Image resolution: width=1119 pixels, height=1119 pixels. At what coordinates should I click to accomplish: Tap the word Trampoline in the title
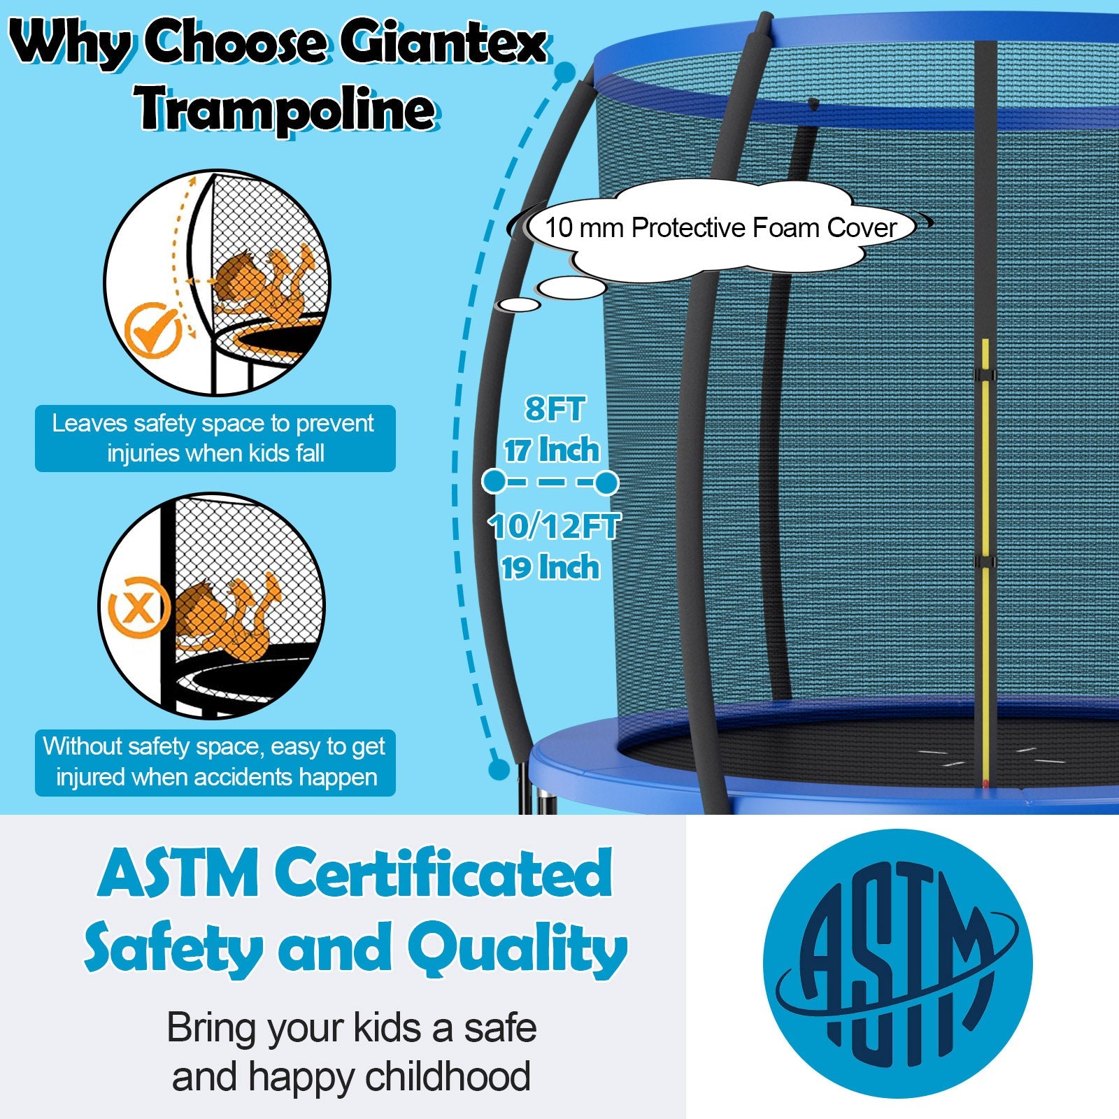point(287,109)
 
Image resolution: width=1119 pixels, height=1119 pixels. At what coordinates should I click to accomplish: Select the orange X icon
point(138,607)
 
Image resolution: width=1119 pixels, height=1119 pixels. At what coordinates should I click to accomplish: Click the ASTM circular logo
point(898,964)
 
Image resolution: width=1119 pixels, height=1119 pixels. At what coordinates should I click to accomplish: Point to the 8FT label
point(555,409)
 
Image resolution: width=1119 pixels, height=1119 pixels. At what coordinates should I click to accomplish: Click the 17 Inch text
point(552,450)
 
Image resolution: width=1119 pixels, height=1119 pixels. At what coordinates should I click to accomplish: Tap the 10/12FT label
point(555,526)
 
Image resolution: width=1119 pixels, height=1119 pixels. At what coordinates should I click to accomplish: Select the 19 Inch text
point(550,567)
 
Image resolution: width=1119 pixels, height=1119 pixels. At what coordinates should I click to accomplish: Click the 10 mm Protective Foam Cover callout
point(720,228)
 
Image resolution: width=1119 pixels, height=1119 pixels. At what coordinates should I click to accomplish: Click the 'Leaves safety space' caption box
point(215,439)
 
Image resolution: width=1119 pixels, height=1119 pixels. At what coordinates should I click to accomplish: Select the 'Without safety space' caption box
point(215,762)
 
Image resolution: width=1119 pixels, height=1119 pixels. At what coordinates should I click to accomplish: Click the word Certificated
point(443,874)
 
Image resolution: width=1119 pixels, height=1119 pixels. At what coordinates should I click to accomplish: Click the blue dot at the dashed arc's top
point(564,72)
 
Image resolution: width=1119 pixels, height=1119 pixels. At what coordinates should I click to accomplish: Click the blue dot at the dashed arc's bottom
point(499,769)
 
